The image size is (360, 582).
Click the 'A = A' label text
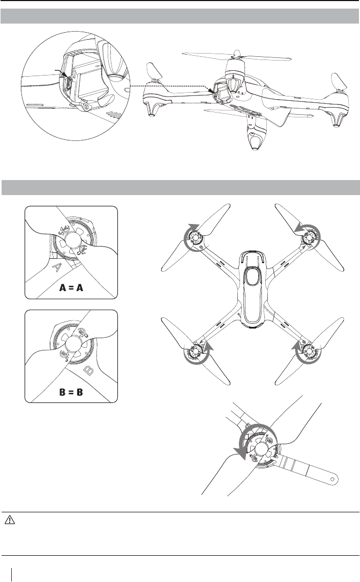click(x=71, y=286)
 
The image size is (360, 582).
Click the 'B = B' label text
click(x=71, y=391)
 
